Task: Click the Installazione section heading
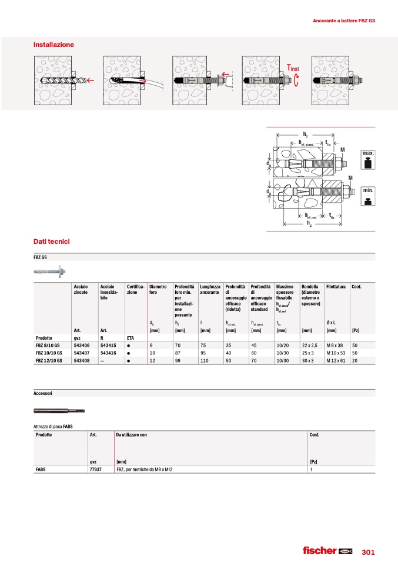tap(53, 45)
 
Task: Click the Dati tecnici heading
tap(52, 242)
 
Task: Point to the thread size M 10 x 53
tap(335, 353)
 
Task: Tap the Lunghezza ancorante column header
tap(209, 289)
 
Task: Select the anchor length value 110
tap(205, 361)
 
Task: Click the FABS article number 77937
tap(95, 470)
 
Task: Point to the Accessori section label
tap(46, 392)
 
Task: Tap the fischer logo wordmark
tap(319, 551)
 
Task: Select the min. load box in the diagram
tap(368, 196)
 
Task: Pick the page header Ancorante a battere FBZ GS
tap(344, 21)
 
